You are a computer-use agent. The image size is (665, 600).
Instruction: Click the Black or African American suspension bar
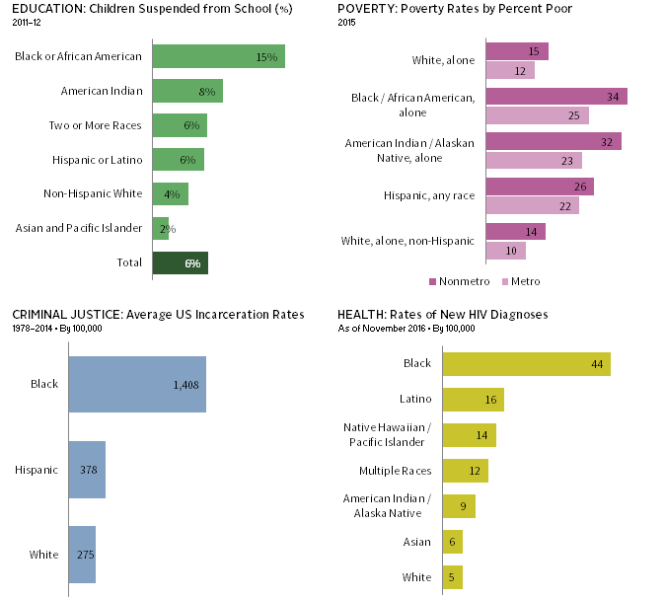[218, 56]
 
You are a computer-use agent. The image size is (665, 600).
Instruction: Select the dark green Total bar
[180, 263]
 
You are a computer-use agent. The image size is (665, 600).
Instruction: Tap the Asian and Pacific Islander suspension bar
[160, 229]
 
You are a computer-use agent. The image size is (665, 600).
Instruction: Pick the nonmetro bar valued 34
[556, 97]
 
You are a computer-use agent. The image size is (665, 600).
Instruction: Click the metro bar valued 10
[506, 252]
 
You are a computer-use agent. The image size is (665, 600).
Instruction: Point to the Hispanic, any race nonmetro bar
[540, 187]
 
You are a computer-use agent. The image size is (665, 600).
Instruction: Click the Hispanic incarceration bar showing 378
[86, 470]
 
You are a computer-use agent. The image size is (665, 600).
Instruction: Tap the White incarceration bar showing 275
[81, 554]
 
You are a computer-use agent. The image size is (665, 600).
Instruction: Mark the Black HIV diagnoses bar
[526, 363]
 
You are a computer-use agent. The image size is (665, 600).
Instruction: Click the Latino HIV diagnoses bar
[473, 399]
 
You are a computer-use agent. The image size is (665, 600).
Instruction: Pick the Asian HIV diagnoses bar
[452, 542]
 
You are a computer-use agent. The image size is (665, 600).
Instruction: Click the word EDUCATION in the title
[44, 9]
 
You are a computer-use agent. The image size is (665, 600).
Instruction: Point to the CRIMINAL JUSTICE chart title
[158, 314]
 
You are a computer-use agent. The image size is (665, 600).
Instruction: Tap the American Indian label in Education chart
[102, 91]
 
